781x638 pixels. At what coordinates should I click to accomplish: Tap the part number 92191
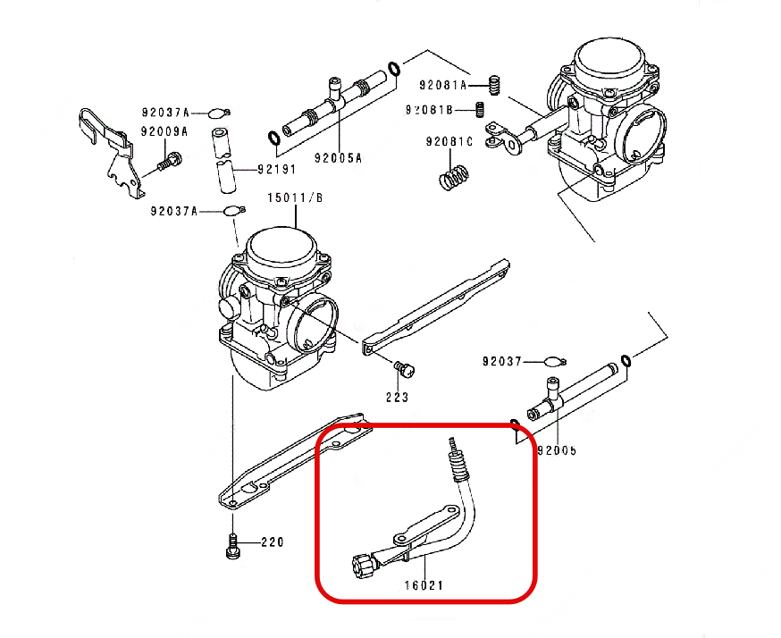click(277, 169)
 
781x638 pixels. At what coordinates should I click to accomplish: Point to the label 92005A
click(338, 158)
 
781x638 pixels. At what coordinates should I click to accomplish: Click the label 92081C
click(449, 142)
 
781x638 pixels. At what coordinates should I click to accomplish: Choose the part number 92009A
click(164, 131)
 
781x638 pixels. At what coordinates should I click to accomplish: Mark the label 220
click(272, 542)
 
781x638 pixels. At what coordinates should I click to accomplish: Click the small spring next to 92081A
click(491, 86)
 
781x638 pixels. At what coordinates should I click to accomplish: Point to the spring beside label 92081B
click(479, 110)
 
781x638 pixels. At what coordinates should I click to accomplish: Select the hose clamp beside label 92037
click(555, 362)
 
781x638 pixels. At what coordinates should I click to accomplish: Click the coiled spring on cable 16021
click(458, 465)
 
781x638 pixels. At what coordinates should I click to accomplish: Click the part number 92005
click(556, 450)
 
